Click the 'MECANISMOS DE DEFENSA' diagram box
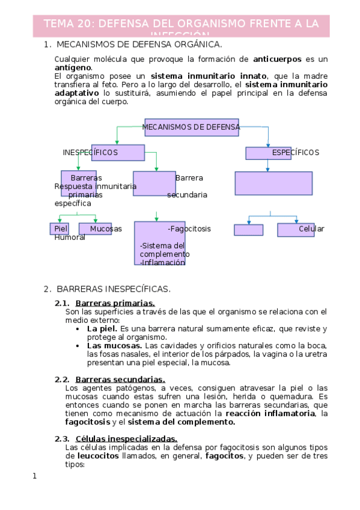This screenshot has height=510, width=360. [x=192, y=127]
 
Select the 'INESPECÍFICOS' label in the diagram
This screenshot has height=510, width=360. [x=90, y=153]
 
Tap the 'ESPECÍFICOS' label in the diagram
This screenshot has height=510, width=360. [x=295, y=153]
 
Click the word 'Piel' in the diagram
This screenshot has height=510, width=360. [x=61, y=229]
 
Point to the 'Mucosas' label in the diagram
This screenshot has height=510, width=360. [x=106, y=229]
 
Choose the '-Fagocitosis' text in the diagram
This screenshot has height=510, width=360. [x=189, y=229]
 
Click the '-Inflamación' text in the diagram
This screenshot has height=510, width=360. [x=162, y=262]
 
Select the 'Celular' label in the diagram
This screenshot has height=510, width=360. [x=311, y=229]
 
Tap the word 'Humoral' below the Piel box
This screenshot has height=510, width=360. [x=70, y=237]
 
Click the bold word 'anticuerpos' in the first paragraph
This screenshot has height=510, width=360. [x=277, y=59]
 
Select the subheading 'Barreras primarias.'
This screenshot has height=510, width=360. [x=115, y=303]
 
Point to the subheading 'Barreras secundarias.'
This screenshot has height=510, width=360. [x=120, y=379]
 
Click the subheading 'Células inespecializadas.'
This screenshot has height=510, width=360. [x=126, y=438]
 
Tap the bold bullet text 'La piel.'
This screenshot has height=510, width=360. [x=102, y=329]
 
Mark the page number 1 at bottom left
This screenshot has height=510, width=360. [x=35, y=476]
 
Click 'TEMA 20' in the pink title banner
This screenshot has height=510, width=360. [x=68, y=23]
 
